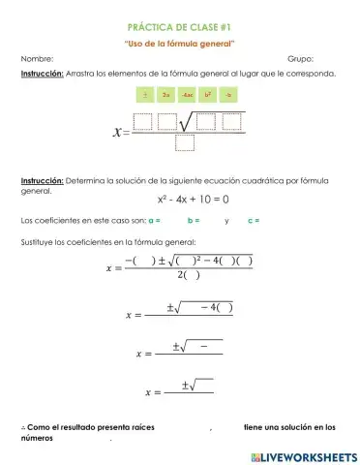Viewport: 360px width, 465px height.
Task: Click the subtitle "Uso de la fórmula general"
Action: tap(180, 44)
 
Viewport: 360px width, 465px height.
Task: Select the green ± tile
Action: tap(146, 96)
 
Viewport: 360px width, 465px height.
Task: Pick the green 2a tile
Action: tap(166, 96)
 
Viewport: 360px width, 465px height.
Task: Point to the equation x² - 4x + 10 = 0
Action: tap(180, 200)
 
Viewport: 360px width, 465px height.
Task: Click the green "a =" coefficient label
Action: tap(154, 221)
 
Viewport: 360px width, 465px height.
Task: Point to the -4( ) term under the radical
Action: tap(216, 308)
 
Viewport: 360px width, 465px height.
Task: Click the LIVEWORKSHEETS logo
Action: tap(303, 455)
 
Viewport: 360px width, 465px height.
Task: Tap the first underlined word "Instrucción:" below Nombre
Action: tap(42, 74)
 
